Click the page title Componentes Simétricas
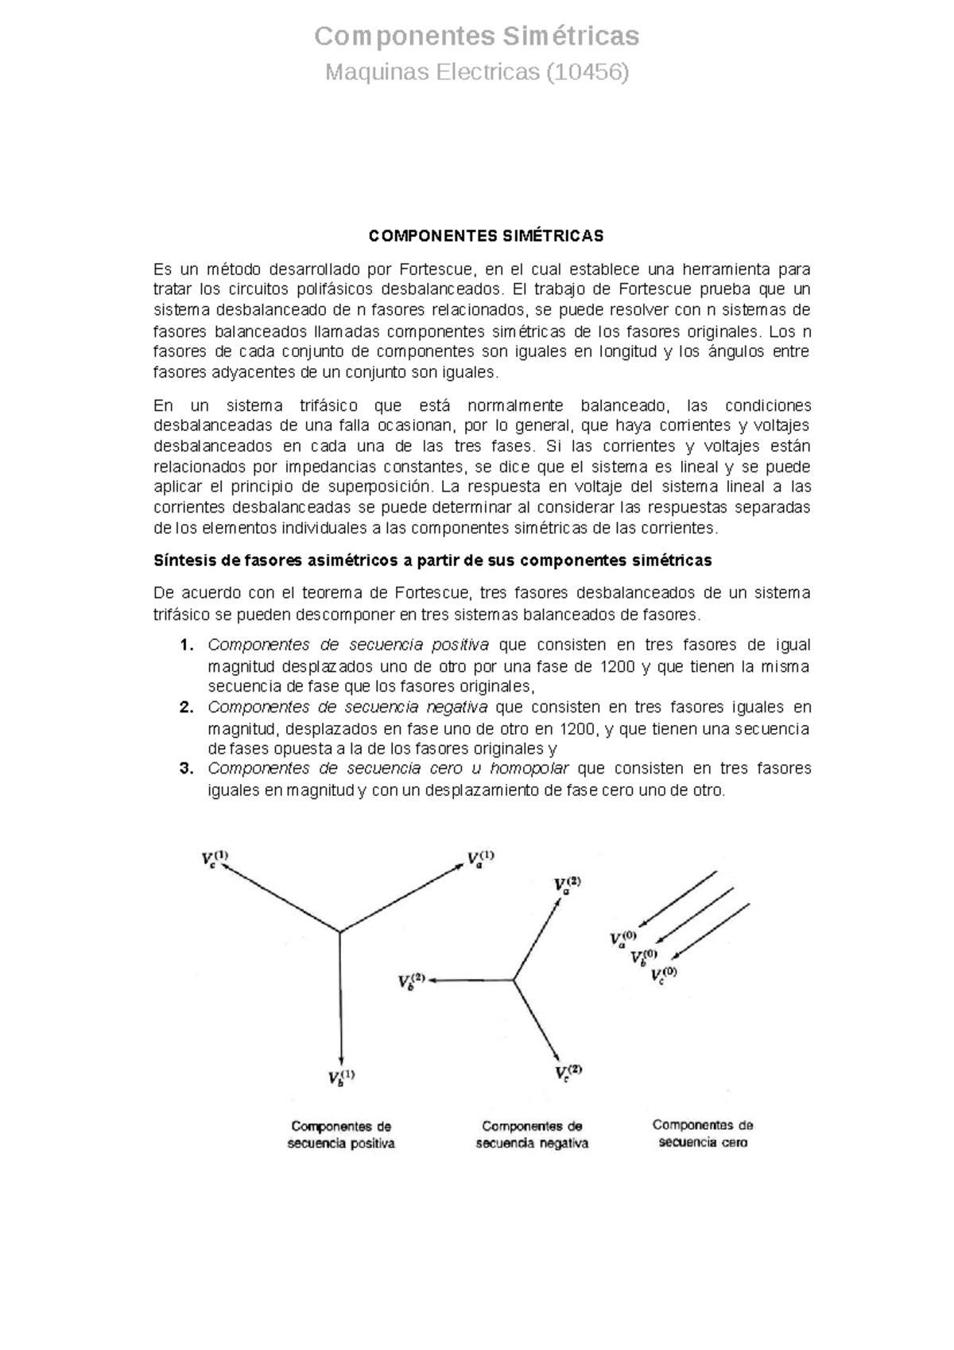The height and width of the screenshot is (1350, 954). tap(477, 37)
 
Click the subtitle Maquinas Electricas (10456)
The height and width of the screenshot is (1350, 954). tap(477, 73)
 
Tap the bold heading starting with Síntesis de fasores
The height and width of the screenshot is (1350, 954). tap(432, 561)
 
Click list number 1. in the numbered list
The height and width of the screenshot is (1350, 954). tap(187, 645)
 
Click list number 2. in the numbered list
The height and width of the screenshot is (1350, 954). tap(187, 707)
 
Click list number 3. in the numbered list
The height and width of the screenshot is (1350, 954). tap(187, 768)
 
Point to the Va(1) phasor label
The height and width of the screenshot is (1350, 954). tap(480, 859)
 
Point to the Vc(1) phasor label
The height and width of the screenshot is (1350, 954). tap(214, 859)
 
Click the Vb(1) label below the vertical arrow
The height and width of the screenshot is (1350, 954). tap(341, 1077)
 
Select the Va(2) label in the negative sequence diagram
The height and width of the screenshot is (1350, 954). tap(567, 885)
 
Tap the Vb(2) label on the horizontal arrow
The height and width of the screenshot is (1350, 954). tap(412, 981)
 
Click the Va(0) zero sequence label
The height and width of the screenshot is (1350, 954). tap(622, 939)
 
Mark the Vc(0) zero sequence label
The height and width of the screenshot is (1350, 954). tap(663, 974)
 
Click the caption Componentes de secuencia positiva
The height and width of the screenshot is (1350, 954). tap(341, 1135)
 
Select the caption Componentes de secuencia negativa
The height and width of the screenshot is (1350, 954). tap(532, 1135)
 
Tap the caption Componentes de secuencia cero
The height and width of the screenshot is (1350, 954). tap(703, 1134)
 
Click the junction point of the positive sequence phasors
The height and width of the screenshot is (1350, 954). tap(340, 931)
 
